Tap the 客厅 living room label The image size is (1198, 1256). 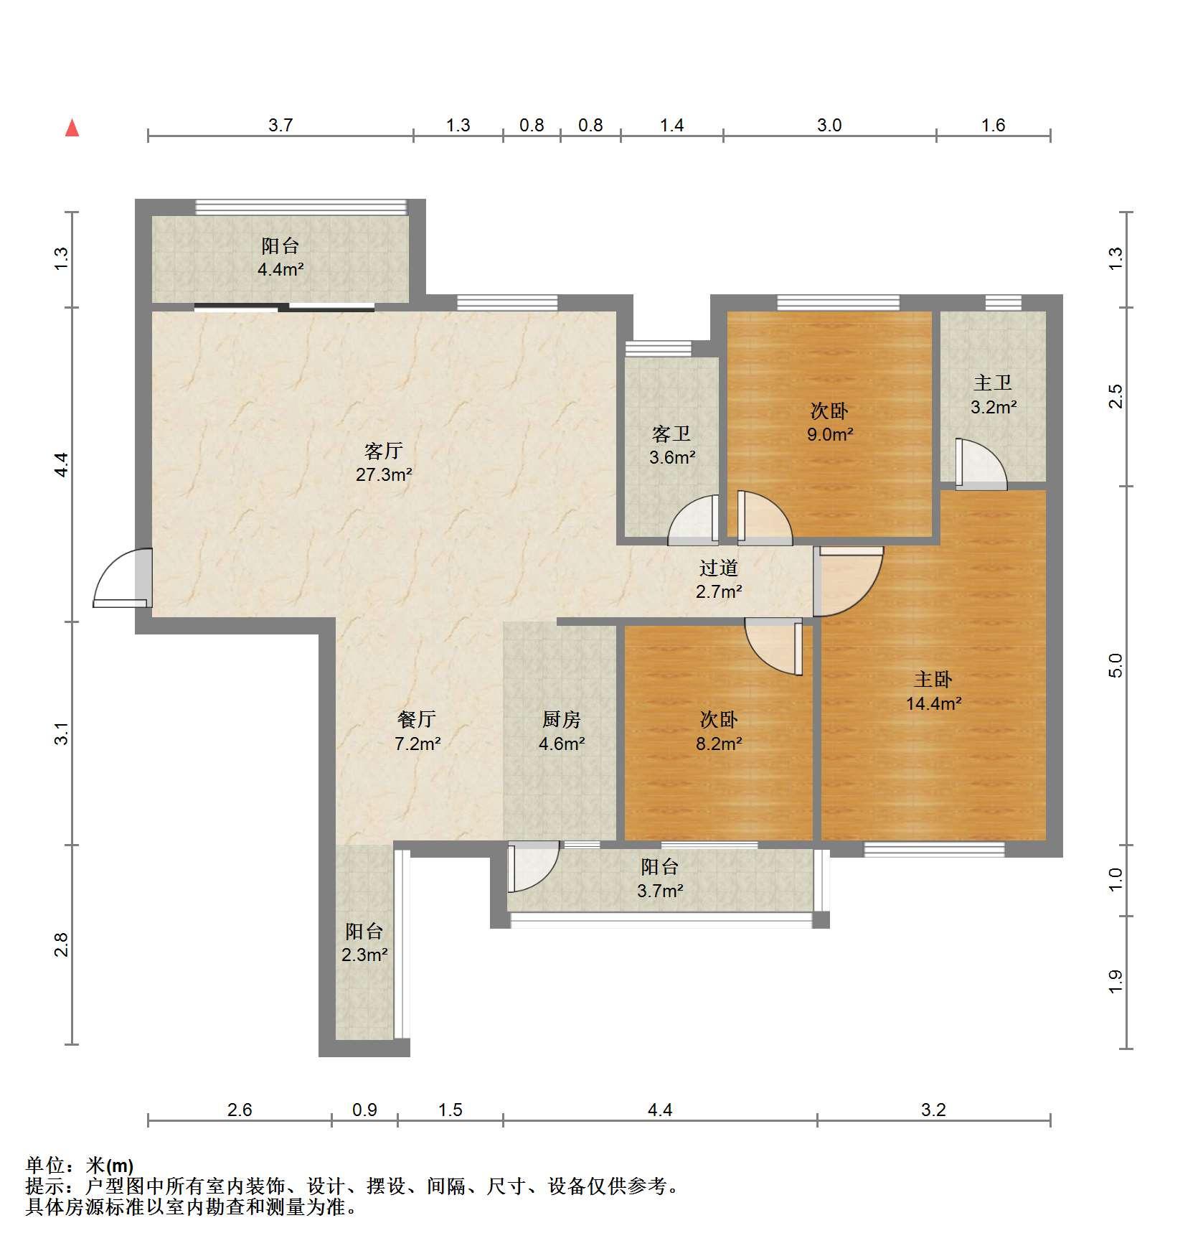[x=384, y=451]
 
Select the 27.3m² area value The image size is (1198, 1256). [x=384, y=474]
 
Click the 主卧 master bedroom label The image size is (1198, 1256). [x=933, y=679]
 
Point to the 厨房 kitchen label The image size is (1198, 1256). [x=562, y=719]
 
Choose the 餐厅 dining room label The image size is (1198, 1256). [x=417, y=719]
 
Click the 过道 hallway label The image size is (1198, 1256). [x=719, y=568]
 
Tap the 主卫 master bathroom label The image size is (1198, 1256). [x=994, y=383]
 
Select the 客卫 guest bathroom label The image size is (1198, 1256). [x=672, y=433]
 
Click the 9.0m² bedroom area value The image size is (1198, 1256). [x=830, y=434]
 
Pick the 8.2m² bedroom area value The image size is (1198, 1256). [x=719, y=744]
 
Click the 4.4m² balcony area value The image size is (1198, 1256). [x=280, y=270]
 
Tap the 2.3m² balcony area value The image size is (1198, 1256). [x=364, y=955]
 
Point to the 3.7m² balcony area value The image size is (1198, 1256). [x=660, y=891]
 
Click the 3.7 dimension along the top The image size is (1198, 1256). [x=280, y=126]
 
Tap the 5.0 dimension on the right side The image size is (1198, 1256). [x=1115, y=665]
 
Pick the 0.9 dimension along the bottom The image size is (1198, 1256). [x=364, y=1110]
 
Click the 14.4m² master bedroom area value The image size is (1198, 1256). [x=933, y=703]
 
